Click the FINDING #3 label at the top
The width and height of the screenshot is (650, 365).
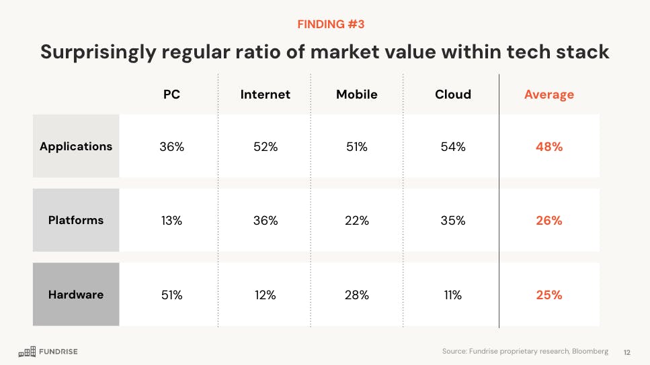coord(331,25)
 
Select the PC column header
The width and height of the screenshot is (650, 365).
coord(171,95)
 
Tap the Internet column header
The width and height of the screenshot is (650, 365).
coord(266,95)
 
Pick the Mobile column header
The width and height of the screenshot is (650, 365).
coord(356,95)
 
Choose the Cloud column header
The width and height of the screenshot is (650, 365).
coord(453,95)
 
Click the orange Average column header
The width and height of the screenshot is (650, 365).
coord(549,95)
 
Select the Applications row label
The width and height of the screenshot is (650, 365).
coord(76,146)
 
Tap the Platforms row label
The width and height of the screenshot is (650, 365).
coord(76,220)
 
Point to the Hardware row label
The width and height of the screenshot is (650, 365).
coord(76,294)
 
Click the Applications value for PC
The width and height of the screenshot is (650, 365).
coord(171,146)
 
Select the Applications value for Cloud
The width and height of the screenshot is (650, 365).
coord(452,146)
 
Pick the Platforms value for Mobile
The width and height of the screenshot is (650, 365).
coord(356,220)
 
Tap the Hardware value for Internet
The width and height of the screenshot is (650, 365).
coord(266,294)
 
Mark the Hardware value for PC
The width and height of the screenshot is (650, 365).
coord(171,294)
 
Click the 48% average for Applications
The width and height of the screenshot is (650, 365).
coord(549,146)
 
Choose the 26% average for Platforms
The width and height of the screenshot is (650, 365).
coord(549,220)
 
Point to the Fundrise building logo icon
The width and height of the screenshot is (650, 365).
coord(27,351)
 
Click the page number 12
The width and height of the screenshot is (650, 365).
coord(627,352)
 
